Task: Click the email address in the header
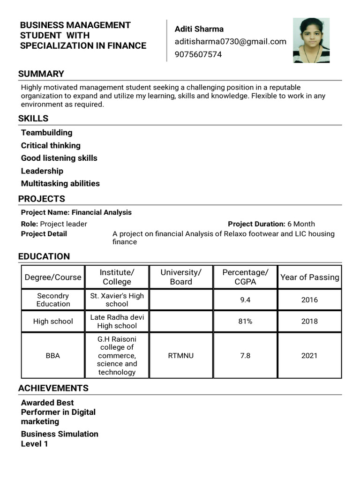(x=230, y=42)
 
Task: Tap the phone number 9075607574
(x=198, y=54)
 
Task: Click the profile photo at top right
(x=311, y=40)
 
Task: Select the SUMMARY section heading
(x=41, y=74)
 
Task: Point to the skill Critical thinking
(x=51, y=145)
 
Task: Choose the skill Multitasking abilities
(x=60, y=183)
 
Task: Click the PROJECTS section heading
(x=42, y=199)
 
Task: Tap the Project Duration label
(x=256, y=224)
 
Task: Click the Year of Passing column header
(x=309, y=277)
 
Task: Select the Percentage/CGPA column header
(x=245, y=277)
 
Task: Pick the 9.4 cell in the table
(x=245, y=300)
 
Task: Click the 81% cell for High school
(x=245, y=322)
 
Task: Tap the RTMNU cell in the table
(x=180, y=356)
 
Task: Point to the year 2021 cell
(x=309, y=356)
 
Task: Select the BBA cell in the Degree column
(x=53, y=356)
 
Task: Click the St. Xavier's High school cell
(x=117, y=300)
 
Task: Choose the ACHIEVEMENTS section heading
(x=53, y=388)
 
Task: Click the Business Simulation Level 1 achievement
(x=60, y=439)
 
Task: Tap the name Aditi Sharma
(x=199, y=29)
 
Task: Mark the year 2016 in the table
(x=309, y=300)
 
